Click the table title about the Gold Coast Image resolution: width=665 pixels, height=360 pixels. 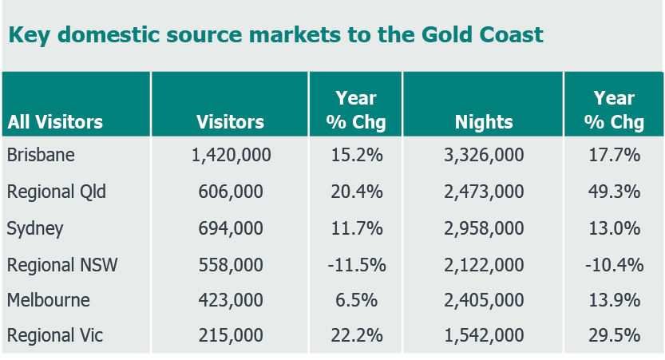click(275, 35)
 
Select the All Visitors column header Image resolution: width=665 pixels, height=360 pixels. click(55, 122)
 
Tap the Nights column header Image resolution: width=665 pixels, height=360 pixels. click(484, 122)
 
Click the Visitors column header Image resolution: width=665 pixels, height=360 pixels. click(231, 122)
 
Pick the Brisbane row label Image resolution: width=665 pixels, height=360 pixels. click(41, 155)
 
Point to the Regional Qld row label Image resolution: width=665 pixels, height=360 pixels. click(57, 192)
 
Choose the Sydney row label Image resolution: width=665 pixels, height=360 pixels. click(35, 228)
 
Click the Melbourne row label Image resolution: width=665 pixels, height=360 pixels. click(49, 300)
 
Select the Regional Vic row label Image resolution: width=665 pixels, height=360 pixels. click(55, 336)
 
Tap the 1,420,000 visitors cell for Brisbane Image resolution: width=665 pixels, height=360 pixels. click(231, 155)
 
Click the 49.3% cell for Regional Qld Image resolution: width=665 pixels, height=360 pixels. click(614, 192)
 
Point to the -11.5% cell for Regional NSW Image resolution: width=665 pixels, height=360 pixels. click(356, 264)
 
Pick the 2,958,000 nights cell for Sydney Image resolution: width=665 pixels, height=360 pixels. click(484, 228)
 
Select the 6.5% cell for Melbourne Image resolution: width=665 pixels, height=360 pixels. click(356, 300)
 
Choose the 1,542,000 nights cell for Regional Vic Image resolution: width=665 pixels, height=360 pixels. click(484, 336)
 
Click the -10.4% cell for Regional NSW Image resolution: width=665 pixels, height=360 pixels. click(614, 264)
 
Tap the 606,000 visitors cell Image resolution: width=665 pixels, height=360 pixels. click(231, 192)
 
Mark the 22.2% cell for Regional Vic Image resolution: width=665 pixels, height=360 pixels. click(356, 336)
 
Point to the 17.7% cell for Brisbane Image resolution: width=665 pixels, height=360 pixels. click(614, 155)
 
